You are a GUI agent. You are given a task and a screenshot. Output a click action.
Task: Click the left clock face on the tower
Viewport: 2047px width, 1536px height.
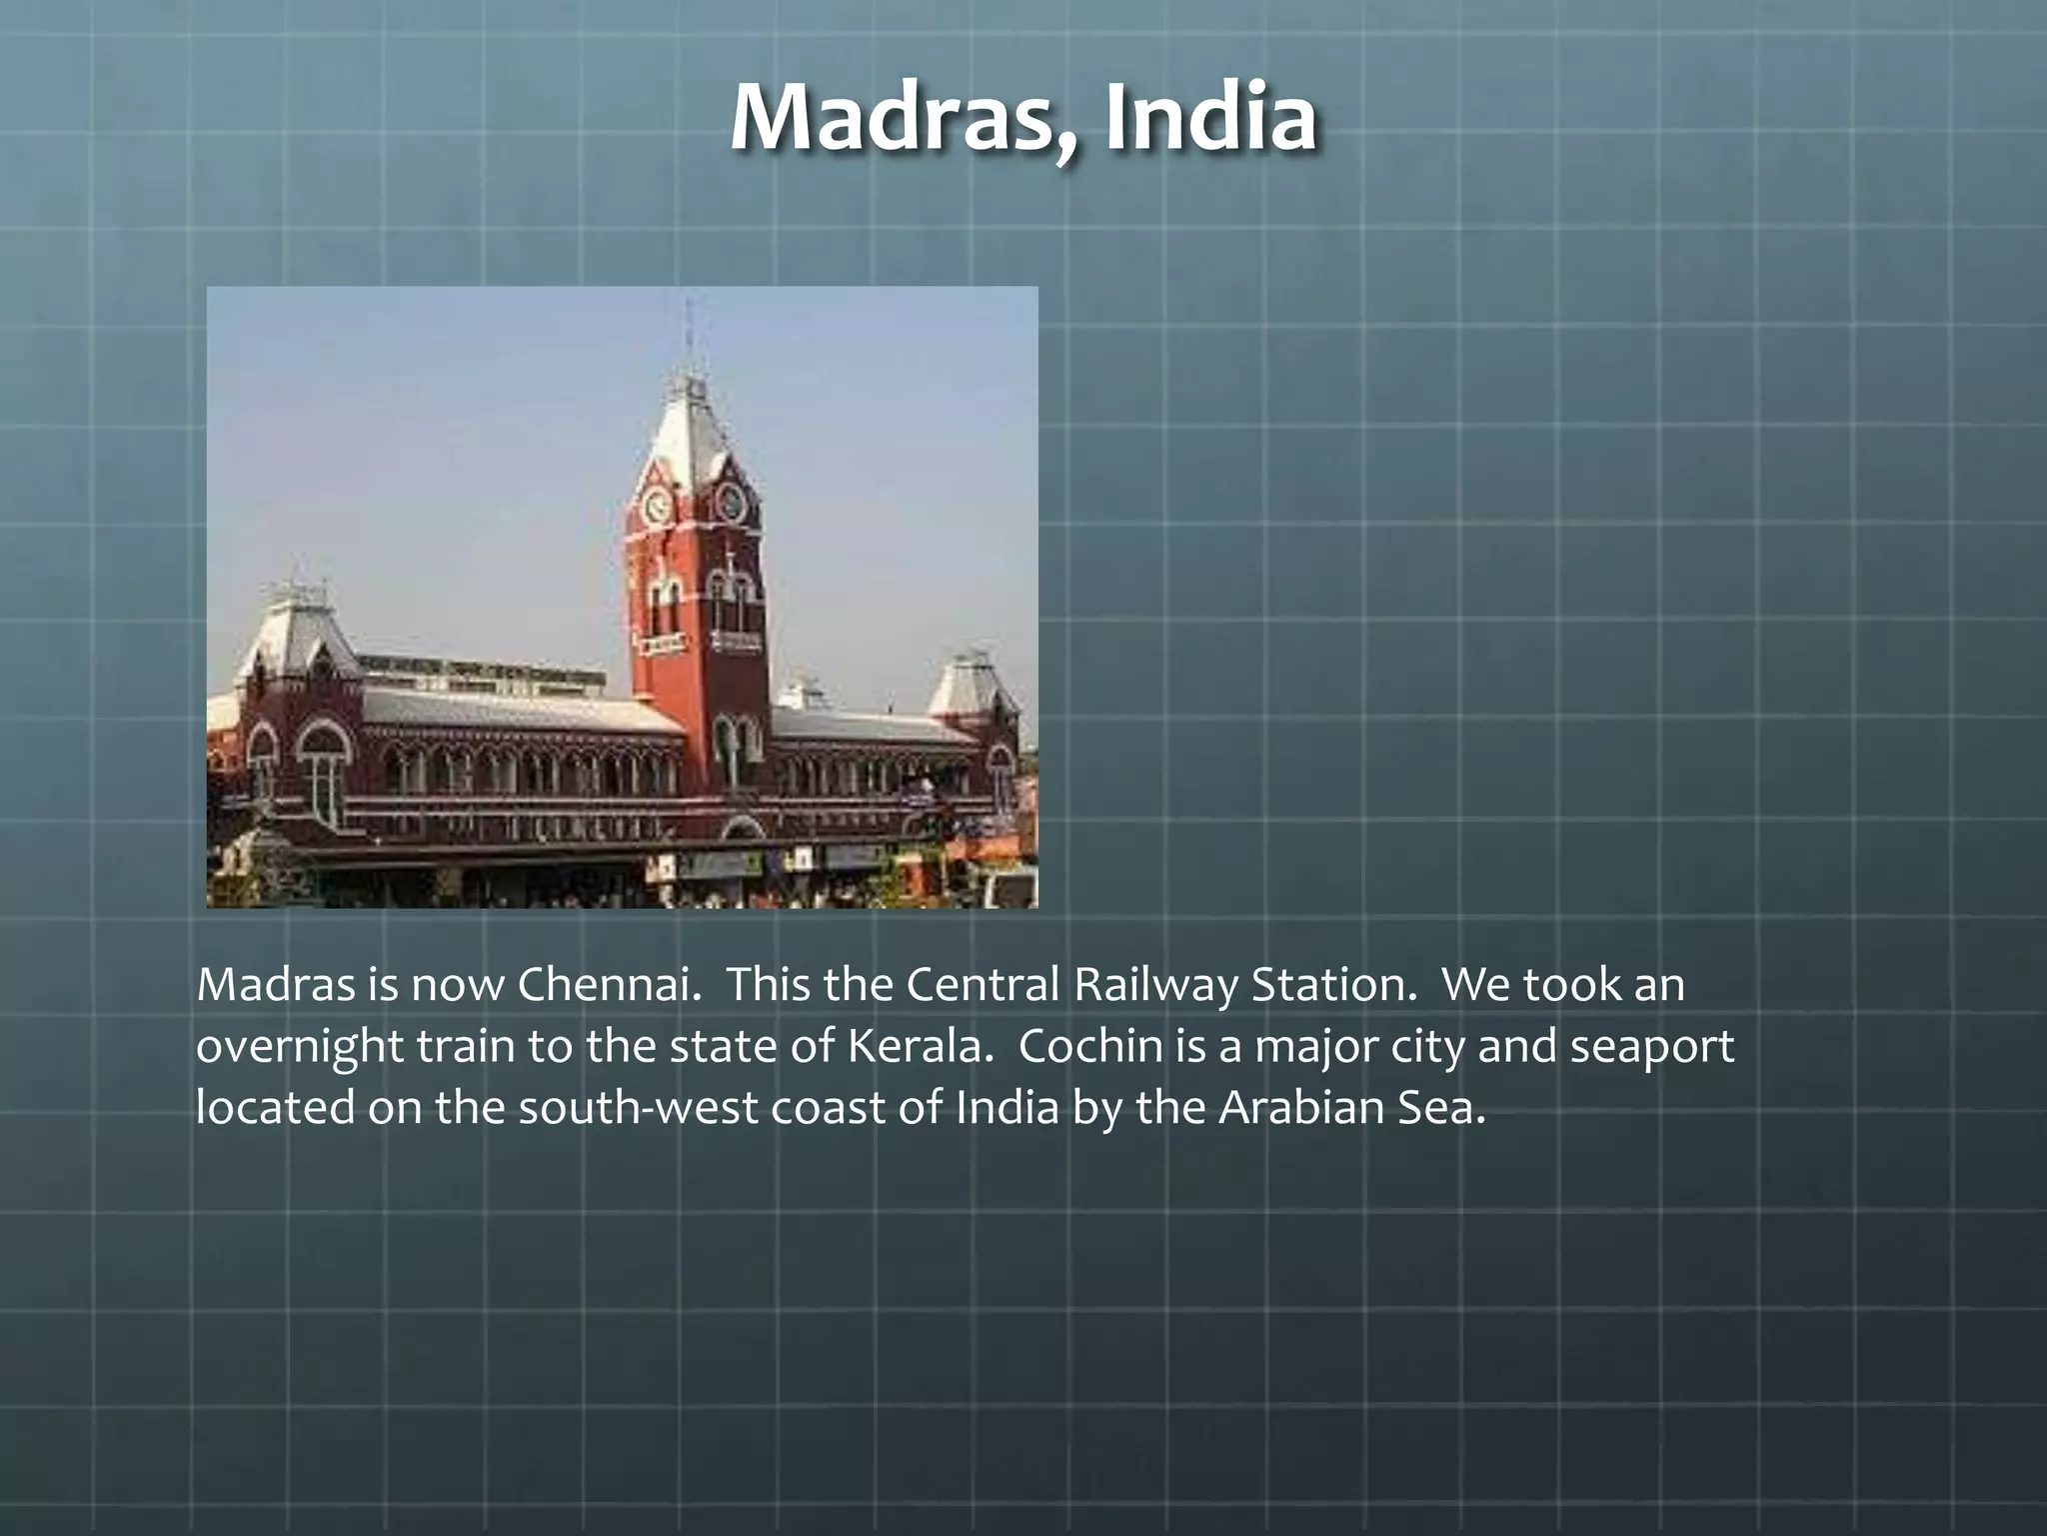tap(657, 505)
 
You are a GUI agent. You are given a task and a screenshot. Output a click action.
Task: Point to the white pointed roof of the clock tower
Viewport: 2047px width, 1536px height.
tap(690, 430)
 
